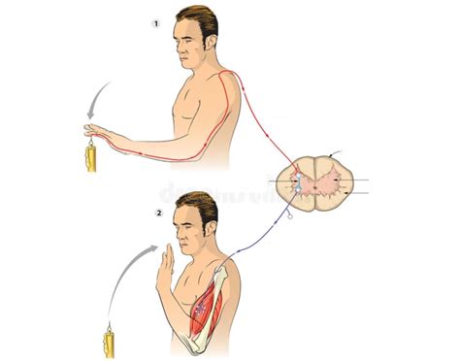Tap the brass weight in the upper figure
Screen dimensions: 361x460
click(90, 155)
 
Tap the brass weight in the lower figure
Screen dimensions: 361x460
click(110, 343)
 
